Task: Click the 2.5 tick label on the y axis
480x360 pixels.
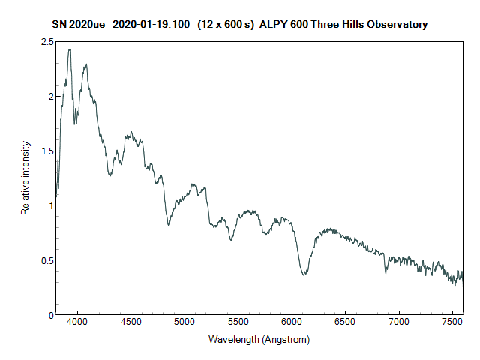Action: point(46,42)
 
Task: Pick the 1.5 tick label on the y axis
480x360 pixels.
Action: point(46,151)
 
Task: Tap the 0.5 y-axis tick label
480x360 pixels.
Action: point(46,260)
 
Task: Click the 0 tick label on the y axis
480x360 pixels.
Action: point(50,314)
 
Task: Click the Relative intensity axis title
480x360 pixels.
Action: point(25,178)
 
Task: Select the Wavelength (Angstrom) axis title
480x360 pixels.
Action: point(259,339)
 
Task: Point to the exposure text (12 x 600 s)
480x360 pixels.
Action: point(225,24)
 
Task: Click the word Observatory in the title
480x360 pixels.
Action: point(395,24)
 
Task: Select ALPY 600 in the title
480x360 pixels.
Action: point(280,24)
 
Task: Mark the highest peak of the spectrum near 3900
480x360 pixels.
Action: point(69,50)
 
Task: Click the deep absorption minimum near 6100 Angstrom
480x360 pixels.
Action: point(304,274)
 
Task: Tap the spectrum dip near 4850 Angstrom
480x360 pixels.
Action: point(169,224)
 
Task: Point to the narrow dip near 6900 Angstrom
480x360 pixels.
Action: point(386,272)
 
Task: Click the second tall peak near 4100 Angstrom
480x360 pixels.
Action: point(87,64)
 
